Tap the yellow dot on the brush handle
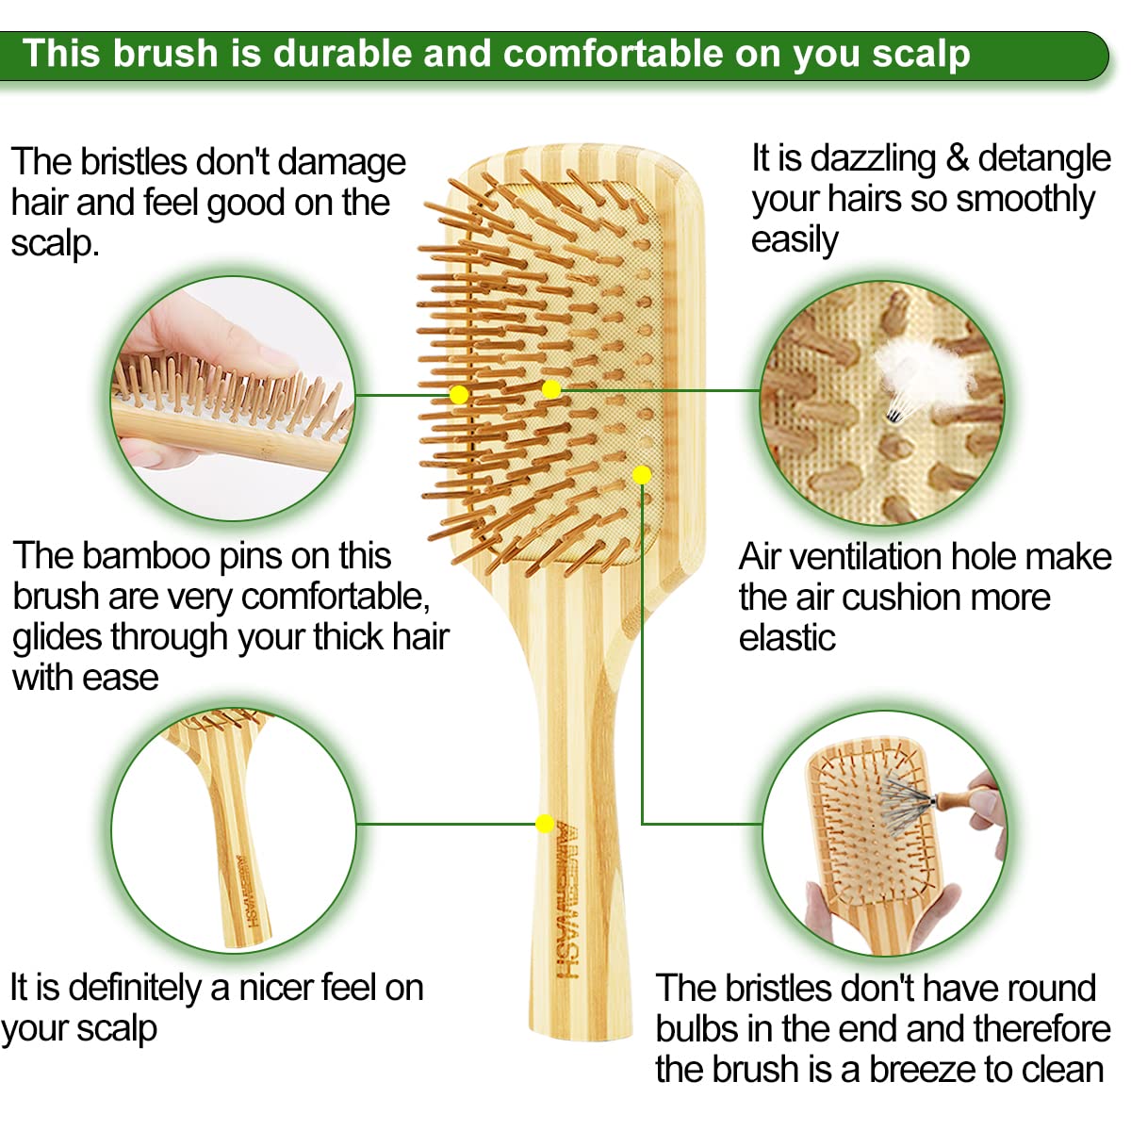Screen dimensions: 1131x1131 pyautogui.click(x=544, y=824)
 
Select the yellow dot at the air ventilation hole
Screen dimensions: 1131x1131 pyautogui.click(x=642, y=474)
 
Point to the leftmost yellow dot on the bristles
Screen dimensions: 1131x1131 pyautogui.click(x=459, y=395)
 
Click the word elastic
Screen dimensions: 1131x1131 pyautogui.click(x=787, y=638)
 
